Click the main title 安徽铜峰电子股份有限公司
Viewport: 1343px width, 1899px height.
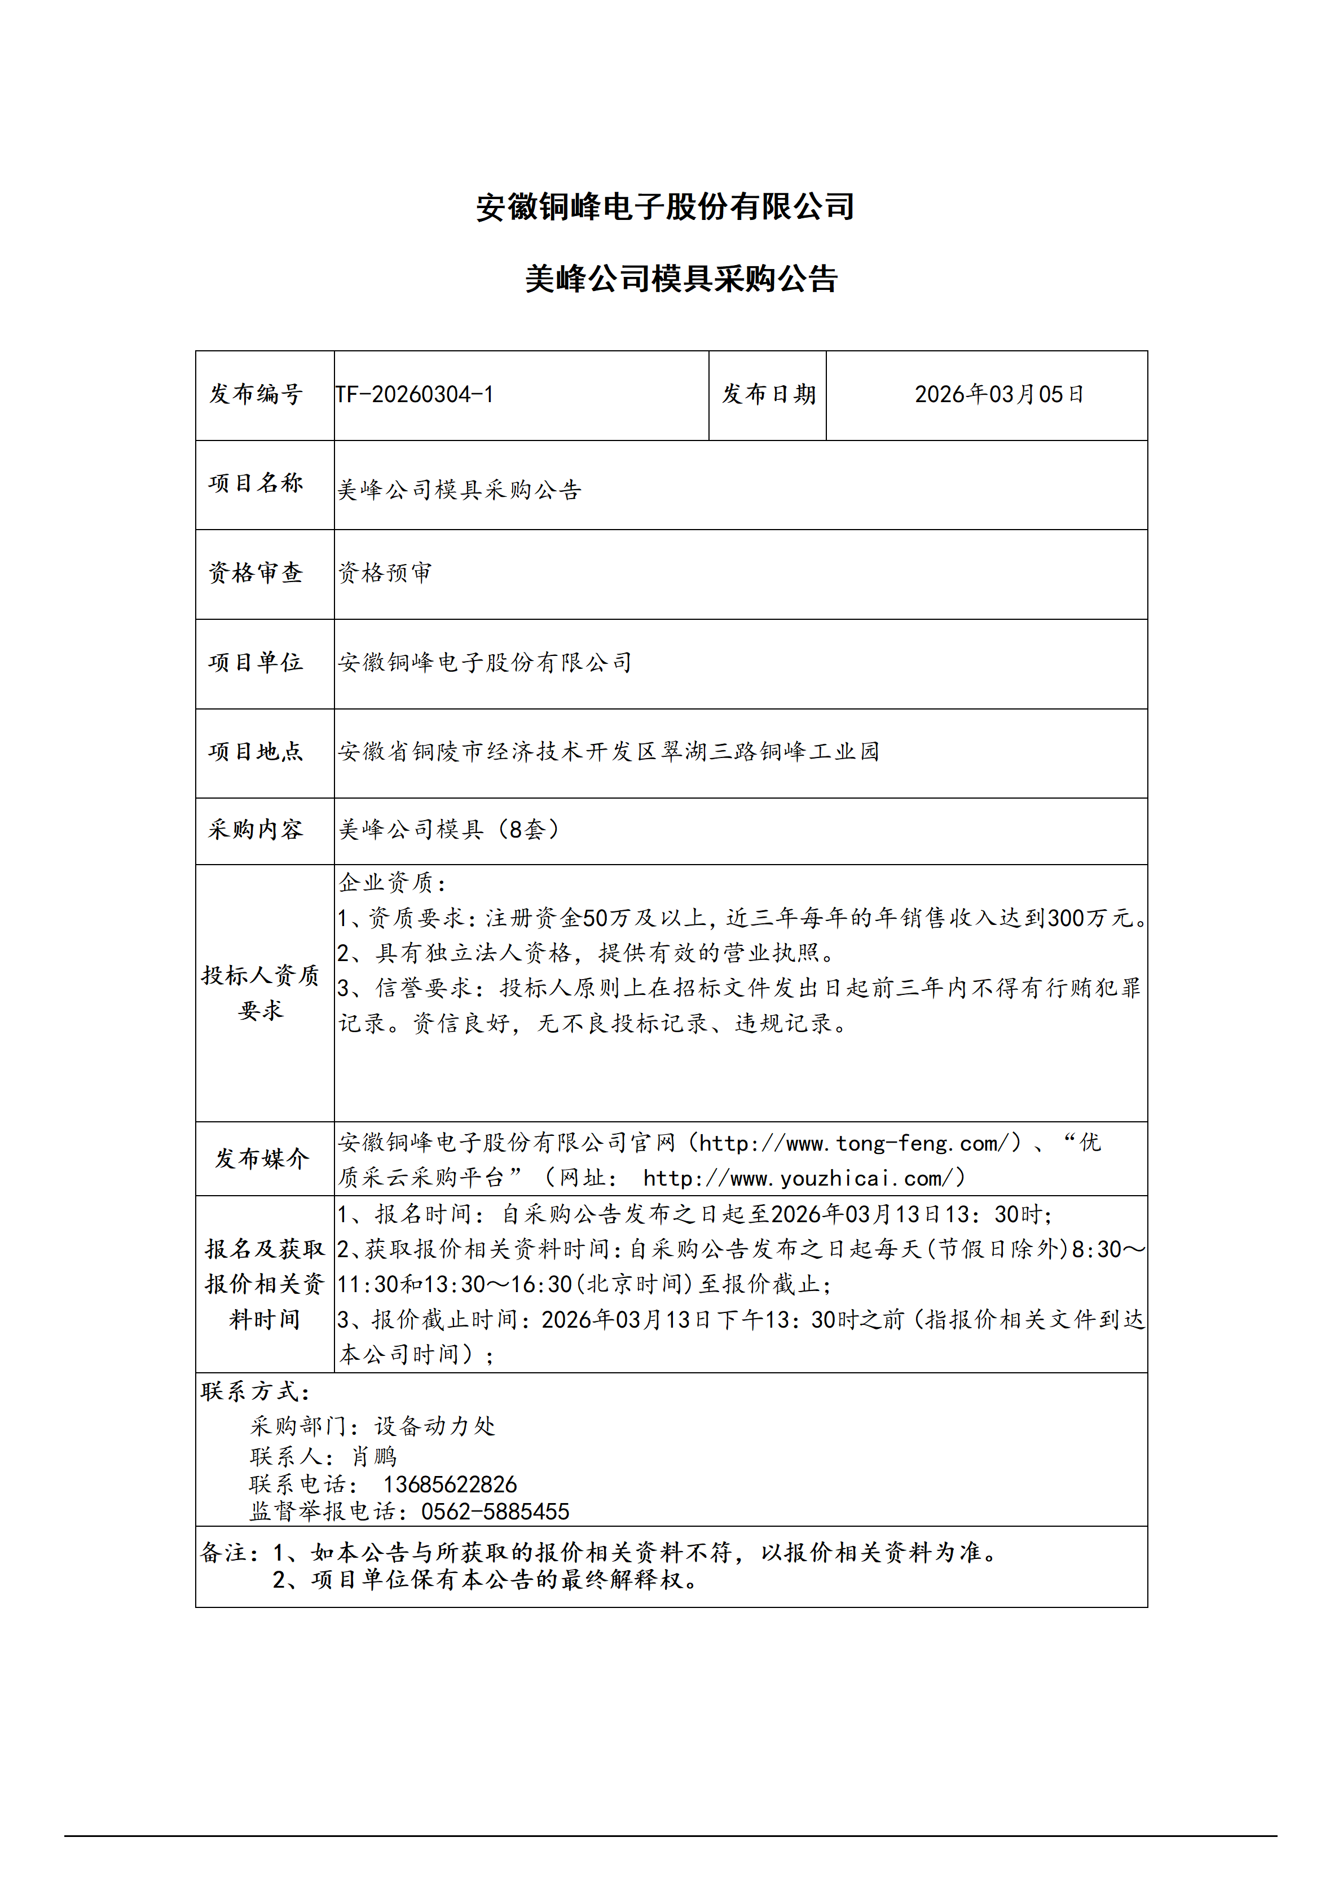point(665,207)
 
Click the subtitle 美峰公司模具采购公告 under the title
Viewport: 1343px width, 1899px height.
point(681,279)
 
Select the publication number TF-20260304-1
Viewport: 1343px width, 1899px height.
point(415,395)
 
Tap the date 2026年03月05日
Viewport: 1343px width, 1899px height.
point(999,395)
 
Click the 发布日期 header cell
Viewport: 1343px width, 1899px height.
point(768,395)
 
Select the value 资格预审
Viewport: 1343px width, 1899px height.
point(385,572)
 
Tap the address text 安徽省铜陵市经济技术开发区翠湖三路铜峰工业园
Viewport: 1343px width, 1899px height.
point(609,751)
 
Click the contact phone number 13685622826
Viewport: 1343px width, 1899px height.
point(450,1484)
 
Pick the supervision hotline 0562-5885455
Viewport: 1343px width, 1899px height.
point(495,1512)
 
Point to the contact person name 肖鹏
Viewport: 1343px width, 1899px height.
point(374,1456)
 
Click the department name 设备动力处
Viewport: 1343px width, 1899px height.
point(435,1426)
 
